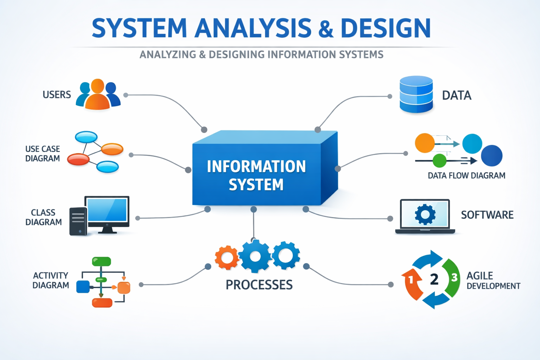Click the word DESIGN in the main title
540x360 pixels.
[x=385, y=28]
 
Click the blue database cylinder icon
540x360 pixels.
[x=416, y=94]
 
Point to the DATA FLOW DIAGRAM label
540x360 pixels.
[x=466, y=175]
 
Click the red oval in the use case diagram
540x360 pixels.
[x=78, y=159]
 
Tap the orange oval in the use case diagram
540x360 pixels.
[x=112, y=149]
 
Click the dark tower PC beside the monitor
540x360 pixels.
[x=78, y=221]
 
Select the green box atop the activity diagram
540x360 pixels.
[x=101, y=262]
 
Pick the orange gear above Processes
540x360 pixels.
[x=227, y=258]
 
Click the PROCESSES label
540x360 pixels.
[x=259, y=285]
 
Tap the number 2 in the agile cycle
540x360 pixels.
[x=434, y=279]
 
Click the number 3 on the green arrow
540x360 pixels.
[x=454, y=278]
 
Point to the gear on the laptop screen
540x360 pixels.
[x=425, y=214]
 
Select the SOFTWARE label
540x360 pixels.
[x=487, y=215]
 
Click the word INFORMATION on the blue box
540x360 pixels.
[x=256, y=167]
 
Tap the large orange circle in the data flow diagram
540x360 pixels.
[x=425, y=143]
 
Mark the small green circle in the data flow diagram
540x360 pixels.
[x=439, y=161]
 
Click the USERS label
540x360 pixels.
[x=57, y=95]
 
